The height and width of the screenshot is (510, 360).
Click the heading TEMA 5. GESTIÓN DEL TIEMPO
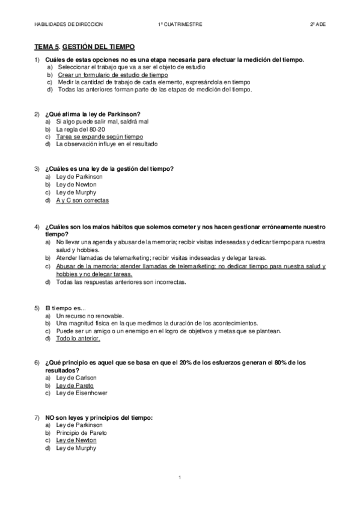84,46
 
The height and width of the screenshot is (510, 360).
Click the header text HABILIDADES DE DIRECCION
69,24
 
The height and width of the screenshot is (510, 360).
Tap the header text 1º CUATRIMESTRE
180,24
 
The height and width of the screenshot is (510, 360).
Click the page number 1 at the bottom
180,478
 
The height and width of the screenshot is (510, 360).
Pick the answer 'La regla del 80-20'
81,129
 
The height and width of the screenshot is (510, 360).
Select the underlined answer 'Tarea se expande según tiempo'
99,137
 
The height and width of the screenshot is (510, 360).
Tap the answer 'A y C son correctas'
82,200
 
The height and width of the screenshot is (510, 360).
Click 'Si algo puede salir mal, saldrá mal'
102,121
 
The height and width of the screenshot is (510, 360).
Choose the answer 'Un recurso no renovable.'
90,315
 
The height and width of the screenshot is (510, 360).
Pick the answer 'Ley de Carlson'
76,378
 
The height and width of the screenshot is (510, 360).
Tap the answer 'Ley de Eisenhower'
80,393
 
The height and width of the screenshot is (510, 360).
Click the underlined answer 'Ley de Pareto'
75,386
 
